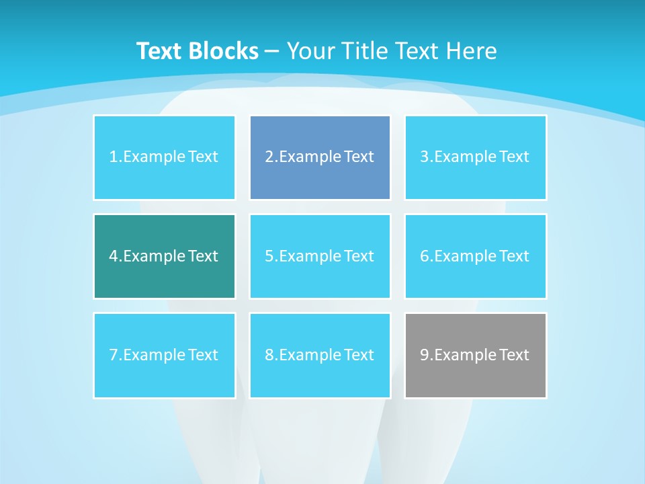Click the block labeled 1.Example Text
click(x=164, y=157)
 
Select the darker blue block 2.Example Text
click(x=320, y=157)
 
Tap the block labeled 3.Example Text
click(x=475, y=157)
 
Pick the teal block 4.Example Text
click(x=164, y=256)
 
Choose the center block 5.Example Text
click(x=320, y=256)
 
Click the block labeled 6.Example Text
click(x=475, y=256)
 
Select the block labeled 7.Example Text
click(x=164, y=355)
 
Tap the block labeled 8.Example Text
click(x=320, y=355)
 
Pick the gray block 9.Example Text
click(x=475, y=355)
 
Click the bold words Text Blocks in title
click(x=198, y=51)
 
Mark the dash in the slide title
click(x=272, y=51)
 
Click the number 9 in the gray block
click(x=425, y=355)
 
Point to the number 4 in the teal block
click(x=114, y=256)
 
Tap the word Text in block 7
click(x=203, y=355)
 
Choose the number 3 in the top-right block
click(x=425, y=157)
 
